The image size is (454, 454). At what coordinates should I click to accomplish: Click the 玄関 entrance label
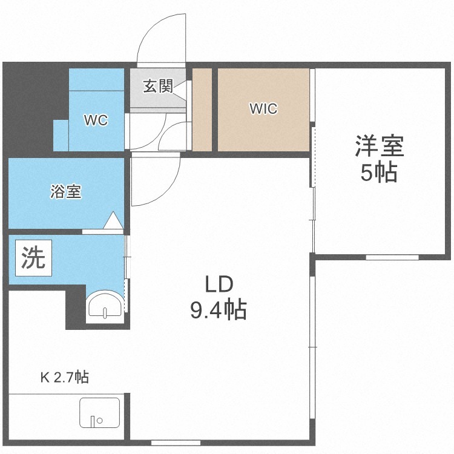tap(158, 87)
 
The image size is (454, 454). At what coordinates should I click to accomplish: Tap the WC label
tap(96, 120)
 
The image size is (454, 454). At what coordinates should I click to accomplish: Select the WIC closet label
tap(263, 108)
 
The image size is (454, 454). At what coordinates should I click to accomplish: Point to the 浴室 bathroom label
tap(66, 191)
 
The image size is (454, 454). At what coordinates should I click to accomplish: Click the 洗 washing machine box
tap(33, 258)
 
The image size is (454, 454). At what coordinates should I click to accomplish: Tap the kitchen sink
tap(100, 413)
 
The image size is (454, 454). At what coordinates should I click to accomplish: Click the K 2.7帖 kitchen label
tap(65, 377)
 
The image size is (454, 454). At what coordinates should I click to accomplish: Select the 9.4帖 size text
tap(219, 310)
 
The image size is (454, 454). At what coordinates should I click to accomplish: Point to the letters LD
tap(219, 284)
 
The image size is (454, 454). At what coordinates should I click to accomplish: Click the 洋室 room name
tap(380, 146)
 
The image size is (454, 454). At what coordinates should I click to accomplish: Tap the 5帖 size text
tap(379, 172)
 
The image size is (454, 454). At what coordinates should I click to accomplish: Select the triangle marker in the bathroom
tap(113, 220)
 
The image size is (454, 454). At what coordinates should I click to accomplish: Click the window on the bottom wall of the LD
tap(176, 442)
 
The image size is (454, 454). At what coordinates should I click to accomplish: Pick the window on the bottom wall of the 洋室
tap(392, 257)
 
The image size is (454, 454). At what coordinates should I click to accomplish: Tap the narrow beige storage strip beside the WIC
tap(202, 110)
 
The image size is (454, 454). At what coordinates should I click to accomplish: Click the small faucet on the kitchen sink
tap(93, 421)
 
